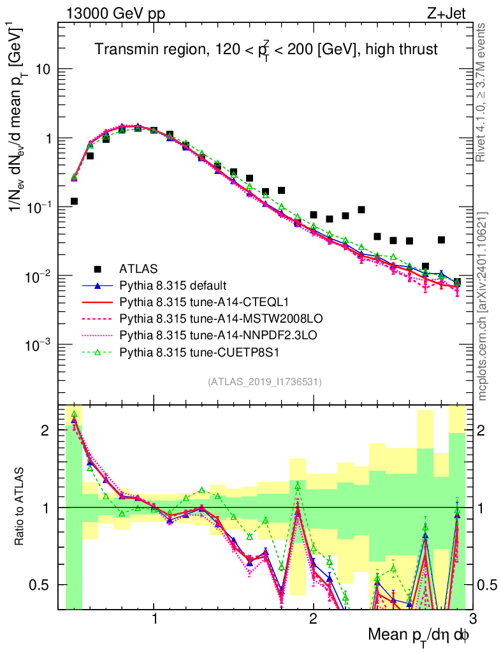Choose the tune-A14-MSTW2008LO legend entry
pyautogui.click(x=199, y=318)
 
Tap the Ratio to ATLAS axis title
pyautogui.click(x=20, y=506)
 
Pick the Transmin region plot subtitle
pyautogui.click(x=266, y=49)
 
